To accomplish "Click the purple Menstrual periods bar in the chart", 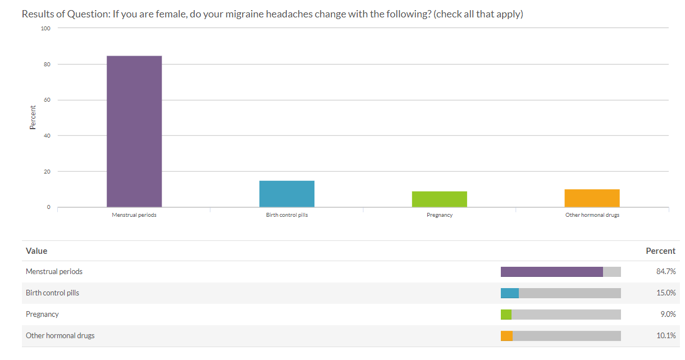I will coord(134,131).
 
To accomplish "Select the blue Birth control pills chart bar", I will coord(287,194).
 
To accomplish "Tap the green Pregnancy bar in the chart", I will coord(440,199).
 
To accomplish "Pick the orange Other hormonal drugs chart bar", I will coord(592,198).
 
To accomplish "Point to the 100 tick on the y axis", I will coord(46,28).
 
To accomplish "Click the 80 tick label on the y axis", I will coord(47,65).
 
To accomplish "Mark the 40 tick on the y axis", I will coord(47,136).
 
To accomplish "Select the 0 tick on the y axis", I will coord(48,207).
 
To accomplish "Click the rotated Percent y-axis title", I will coord(33,117).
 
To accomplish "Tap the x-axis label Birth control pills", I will coord(287,215).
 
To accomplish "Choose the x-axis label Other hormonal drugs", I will coord(592,215).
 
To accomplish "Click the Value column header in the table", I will coord(36,251).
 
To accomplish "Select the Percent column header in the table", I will coord(661,251).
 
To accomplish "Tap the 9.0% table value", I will coord(667,315).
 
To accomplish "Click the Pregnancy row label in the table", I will coord(42,315).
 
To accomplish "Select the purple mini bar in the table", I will coord(551,272).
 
